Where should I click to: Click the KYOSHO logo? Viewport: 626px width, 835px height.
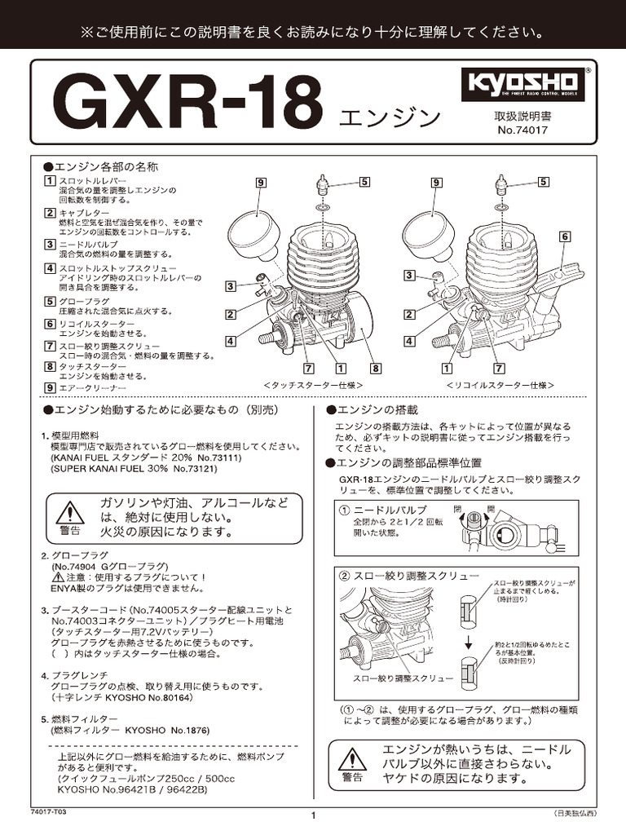click(522, 84)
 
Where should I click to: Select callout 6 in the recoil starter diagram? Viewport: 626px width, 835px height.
click(564, 236)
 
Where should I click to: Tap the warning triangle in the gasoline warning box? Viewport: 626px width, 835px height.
click(71, 513)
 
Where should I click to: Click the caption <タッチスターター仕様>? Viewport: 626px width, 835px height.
click(314, 384)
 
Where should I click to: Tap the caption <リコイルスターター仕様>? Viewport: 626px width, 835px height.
click(500, 384)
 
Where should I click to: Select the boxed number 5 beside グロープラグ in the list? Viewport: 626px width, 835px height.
click(50, 301)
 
